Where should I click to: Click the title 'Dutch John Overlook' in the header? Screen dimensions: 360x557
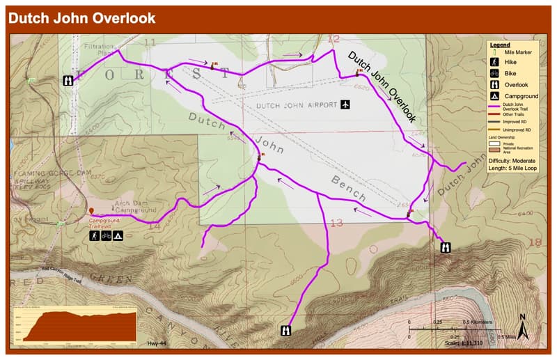coord(82,18)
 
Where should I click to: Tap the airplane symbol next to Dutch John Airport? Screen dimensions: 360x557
coord(345,104)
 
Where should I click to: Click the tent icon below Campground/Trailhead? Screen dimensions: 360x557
coord(118,236)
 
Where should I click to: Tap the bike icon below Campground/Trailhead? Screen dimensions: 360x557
coord(106,236)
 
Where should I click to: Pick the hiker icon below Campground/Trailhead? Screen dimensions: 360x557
coord(93,236)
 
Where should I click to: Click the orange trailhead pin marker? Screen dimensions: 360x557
coord(91,210)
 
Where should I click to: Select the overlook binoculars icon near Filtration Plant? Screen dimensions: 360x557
coord(69,80)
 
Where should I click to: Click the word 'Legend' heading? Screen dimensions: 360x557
coord(501,45)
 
